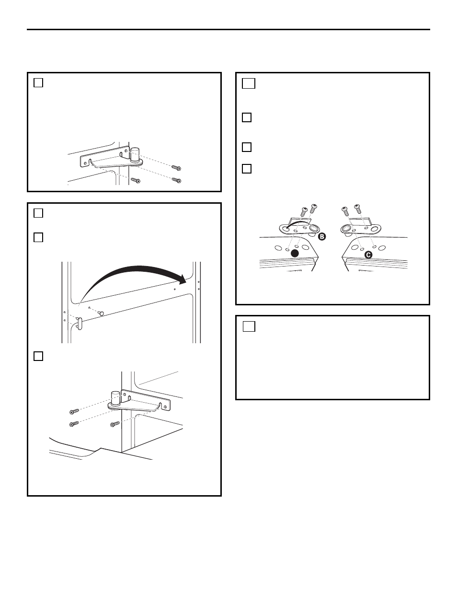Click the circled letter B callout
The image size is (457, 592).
322,236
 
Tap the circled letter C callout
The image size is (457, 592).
368,255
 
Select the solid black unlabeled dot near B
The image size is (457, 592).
295,254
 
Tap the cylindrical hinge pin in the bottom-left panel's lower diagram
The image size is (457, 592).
115,398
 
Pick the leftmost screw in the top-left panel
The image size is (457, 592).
136,180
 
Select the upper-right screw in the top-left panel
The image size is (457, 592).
176,168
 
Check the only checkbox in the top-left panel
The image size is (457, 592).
38,82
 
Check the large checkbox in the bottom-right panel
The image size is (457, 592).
249,326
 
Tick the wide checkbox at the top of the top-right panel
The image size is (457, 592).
249,83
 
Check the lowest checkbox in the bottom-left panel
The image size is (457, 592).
38,356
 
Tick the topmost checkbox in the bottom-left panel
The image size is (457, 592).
38,213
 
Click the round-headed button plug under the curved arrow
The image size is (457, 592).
101,313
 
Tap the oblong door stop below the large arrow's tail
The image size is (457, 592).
79,324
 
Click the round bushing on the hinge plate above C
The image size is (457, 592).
346,229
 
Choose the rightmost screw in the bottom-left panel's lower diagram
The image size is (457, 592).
115,424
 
